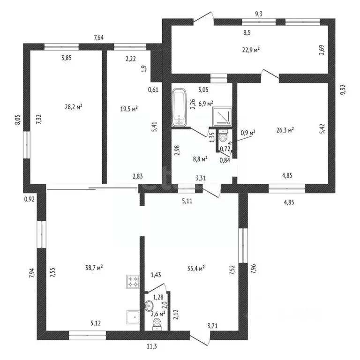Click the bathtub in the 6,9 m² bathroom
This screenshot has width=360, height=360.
(x=179, y=107)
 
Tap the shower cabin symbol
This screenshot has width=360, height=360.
(x=222, y=116)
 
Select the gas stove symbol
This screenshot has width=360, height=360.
(x=133, y=281)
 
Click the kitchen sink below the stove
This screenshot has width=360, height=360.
(x=133, y=317)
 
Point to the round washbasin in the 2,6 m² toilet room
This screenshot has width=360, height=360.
(x=149, y=305)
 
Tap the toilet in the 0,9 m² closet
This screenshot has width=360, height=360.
(x=223, y=135)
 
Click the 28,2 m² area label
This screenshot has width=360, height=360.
(x=74, y=107)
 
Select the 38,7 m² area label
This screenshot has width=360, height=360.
(x=94, y=268)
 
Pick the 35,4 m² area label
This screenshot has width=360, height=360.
(x=196, y=268)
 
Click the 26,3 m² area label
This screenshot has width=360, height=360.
(x=285, y=130)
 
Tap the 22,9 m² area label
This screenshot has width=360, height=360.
(x=251, y=50)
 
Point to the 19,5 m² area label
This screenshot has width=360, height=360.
(x=129, y=109)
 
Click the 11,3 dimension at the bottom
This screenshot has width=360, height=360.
(x=152, y=346)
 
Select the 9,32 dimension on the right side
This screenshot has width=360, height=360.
(x=343, y=90)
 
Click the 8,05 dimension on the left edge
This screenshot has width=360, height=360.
(x=18, y=120)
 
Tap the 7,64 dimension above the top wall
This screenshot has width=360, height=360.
(x=99, y=37)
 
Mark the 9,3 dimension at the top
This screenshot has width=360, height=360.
(x=259, y=14)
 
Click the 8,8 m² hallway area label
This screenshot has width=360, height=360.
(x=201, y=159)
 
